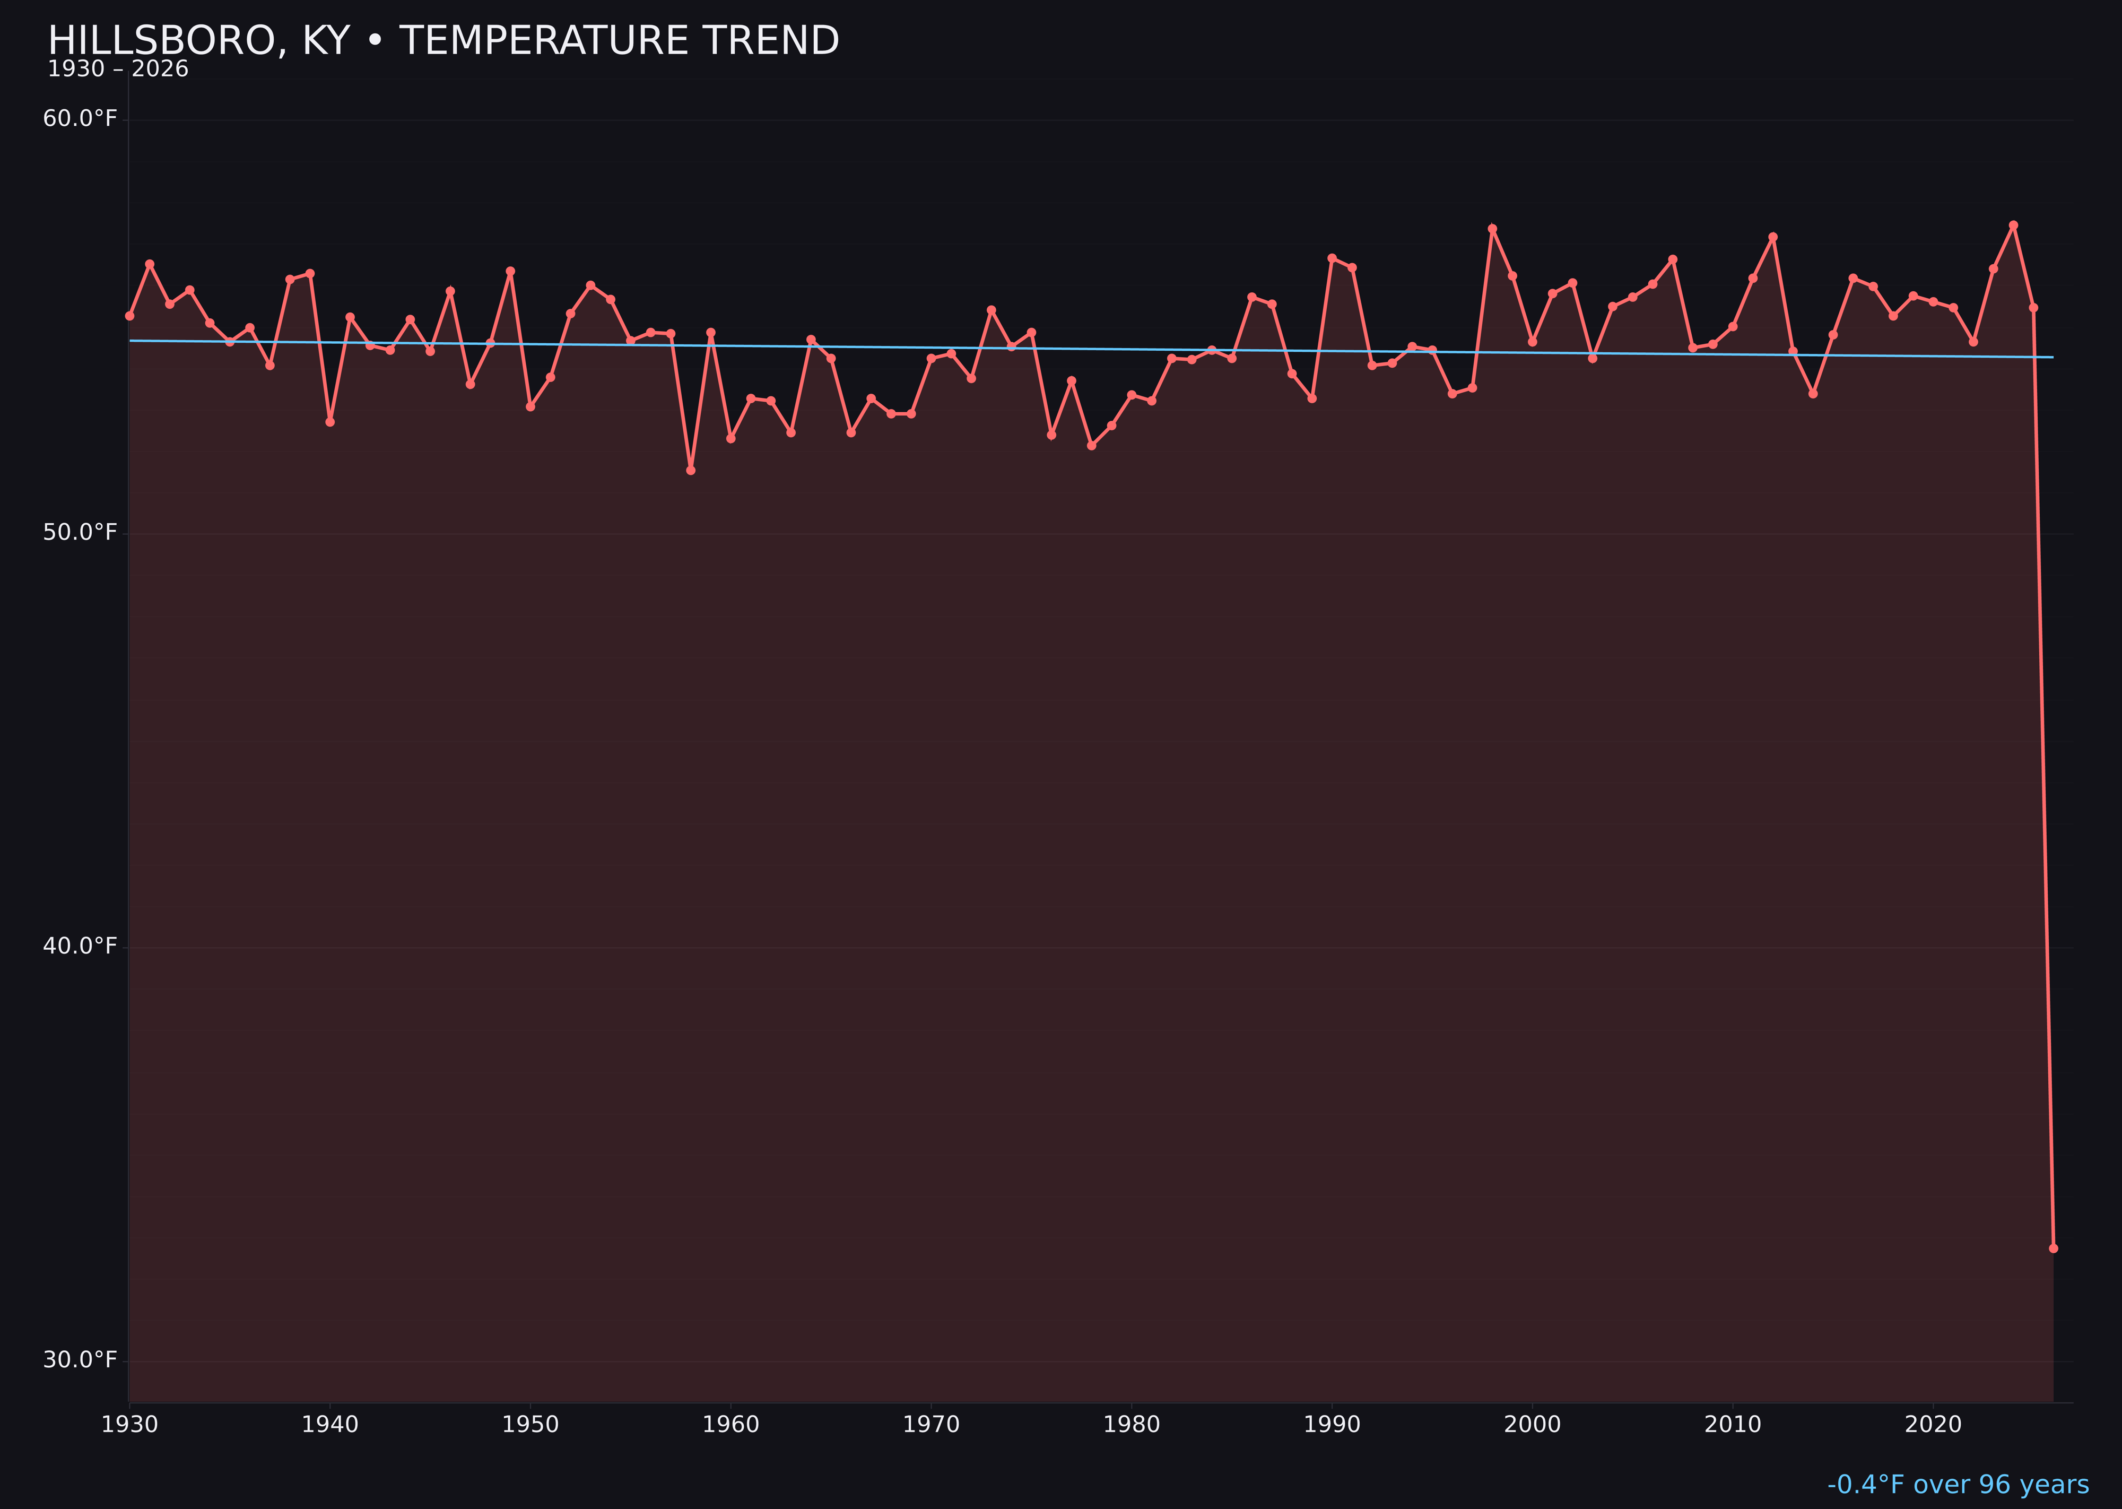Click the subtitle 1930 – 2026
point(118,70)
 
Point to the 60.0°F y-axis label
point(80,119)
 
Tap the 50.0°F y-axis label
point(80,532)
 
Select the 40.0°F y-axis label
point(80,946)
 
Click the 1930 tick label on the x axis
point(130,1425)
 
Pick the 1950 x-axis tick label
point(530,1425)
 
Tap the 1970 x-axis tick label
point(931,1425)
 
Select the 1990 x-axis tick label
point(1332,1425)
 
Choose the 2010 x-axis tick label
point(1733,1425)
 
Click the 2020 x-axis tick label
point(1933,1425)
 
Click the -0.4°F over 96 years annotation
point(1958,1485)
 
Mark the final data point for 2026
point(2053,1248)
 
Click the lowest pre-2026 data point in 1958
point(690,470)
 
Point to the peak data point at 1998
point(1492,229)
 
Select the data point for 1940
point(330,422)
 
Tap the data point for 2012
point(1773,237)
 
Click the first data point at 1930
point(130,316)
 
